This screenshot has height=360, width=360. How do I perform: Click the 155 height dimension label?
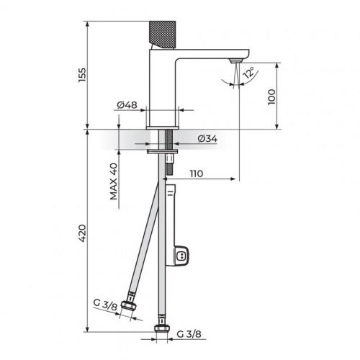pos(82,75)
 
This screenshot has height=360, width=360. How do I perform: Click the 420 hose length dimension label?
pos(82,233)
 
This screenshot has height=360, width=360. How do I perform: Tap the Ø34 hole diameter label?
pos(207,138)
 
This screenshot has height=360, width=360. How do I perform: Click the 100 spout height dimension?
pos(272,96)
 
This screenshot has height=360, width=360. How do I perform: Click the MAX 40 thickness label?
pos(114,181)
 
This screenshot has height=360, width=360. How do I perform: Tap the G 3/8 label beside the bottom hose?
pos(189,333)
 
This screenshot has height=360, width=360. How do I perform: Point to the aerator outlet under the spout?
pos(235,63)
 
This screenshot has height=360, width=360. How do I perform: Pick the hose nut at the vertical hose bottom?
pos(161,330)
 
